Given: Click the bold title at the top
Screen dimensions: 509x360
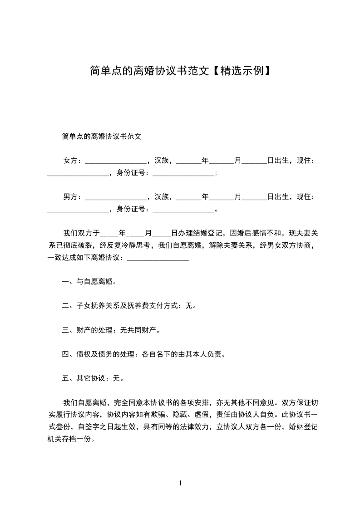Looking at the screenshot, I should (x=180, y=71).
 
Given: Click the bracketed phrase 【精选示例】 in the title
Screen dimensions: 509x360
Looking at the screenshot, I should (x=241, y=71).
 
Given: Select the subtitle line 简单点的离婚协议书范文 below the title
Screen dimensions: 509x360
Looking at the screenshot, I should (x=102, y=136).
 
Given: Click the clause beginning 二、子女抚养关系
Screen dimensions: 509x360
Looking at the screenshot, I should (x=129, y=306).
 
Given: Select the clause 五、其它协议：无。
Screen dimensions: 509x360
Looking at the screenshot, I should (x=93, y=378).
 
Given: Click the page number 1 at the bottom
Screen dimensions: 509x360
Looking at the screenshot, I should (x=180, y=483).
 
